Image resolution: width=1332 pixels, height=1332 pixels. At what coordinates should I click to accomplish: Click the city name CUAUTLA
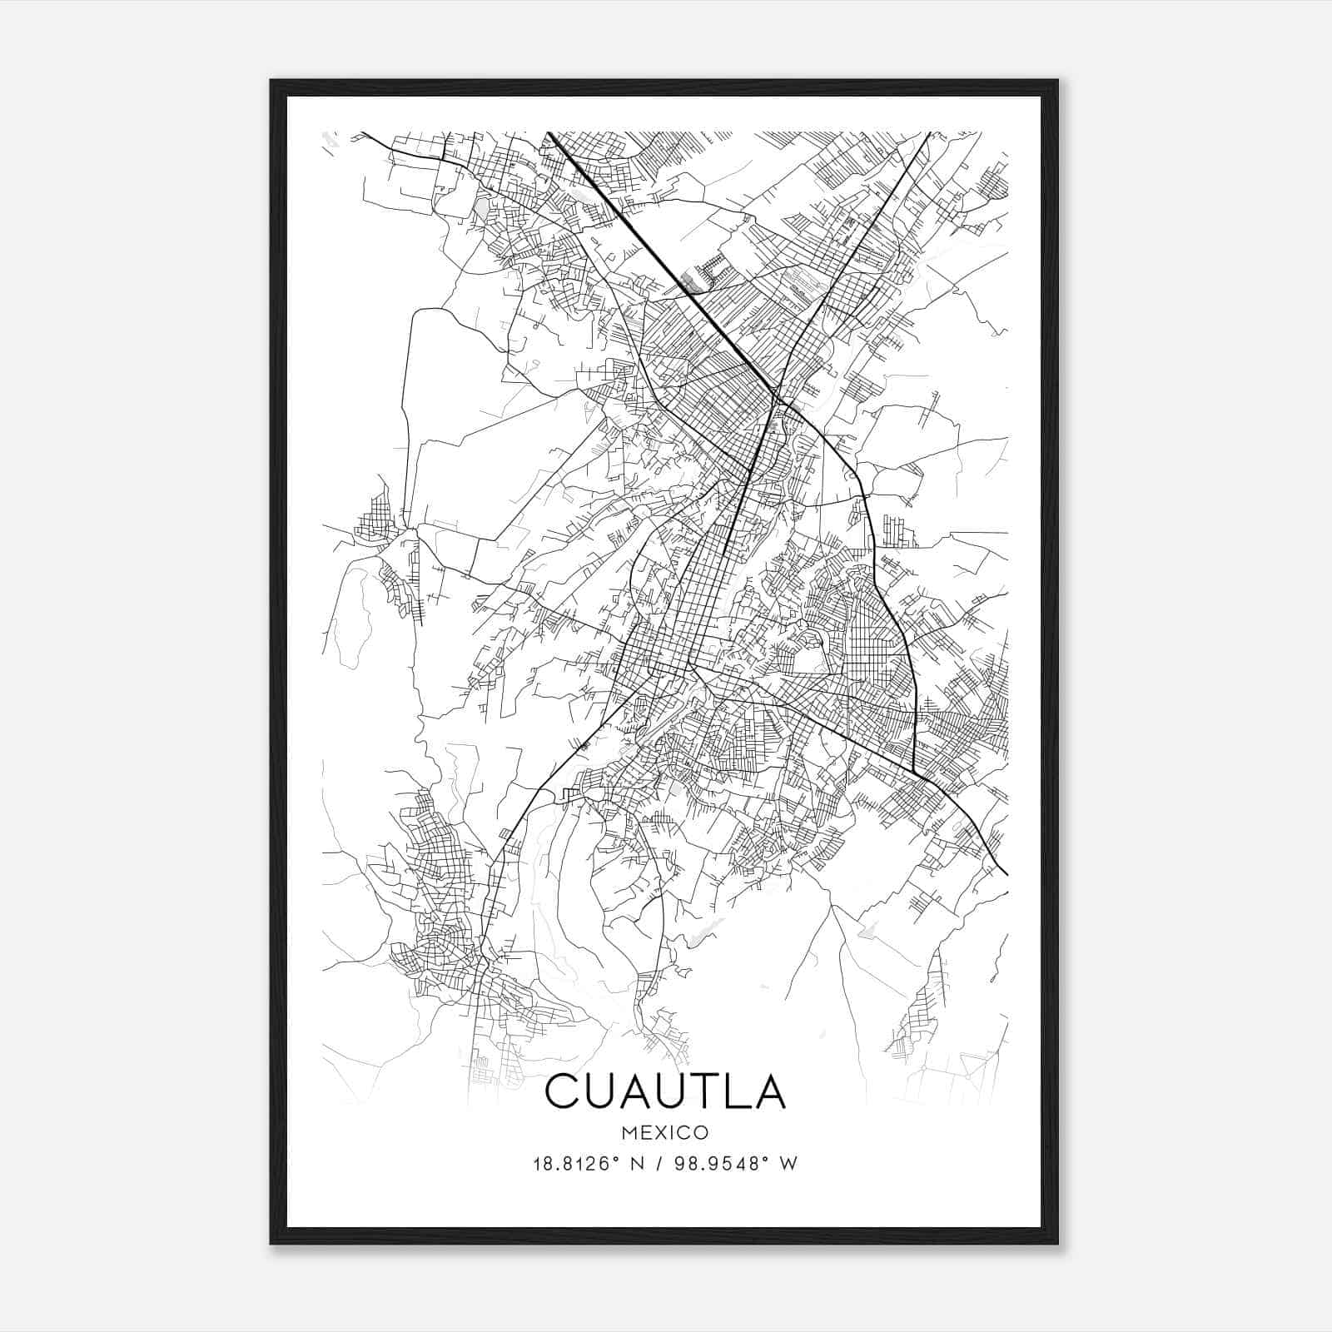pyautogui.click(x=665, y=1091)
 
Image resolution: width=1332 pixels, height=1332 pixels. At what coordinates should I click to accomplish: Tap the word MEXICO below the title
pyautogui.click(x=665, y=1132)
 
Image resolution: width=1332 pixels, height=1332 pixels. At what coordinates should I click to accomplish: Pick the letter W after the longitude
pyautogui.click(x=789, y=1164)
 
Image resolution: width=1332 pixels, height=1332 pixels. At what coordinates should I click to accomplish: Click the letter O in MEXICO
pyautogui.click(x=702, y=1132)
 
